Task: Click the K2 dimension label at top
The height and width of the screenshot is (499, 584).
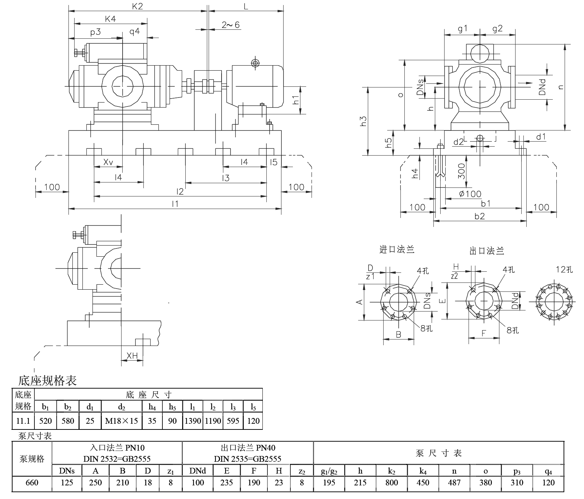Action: click(138, 6)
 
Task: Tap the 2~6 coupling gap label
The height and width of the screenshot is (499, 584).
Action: click(231, 25)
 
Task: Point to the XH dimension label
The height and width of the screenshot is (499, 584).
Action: click(132, 356)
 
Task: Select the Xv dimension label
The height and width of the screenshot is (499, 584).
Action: click(108, 162)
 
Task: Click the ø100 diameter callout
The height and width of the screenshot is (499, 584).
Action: click(470, 194)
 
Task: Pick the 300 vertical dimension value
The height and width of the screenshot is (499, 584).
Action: click(462, 171)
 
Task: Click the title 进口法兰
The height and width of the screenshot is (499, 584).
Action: click(397, 249)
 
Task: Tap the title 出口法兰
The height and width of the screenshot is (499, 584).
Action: click(487, 251)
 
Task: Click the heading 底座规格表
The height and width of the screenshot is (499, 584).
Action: click(48, 380)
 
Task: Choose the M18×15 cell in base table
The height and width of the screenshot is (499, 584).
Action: click(122, 421)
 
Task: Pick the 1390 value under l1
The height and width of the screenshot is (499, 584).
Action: click(193, 421)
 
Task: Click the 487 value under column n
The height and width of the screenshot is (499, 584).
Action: click(454, 483)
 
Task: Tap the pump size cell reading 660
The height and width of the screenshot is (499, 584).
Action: click(32, 483)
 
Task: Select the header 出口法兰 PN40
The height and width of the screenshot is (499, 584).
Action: click(248, 448)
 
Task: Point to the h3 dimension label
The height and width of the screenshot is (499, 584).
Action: click(364, 121)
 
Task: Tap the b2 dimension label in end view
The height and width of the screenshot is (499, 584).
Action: click(479, 216)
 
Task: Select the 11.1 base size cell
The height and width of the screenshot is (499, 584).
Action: click(23, 421)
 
